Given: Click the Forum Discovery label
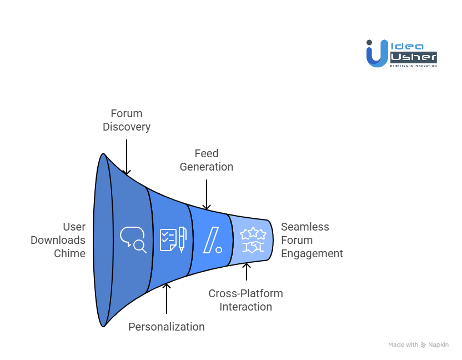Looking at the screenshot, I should (127, 120).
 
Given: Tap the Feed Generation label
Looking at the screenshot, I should (207, 160).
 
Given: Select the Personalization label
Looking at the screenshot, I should (167, 327).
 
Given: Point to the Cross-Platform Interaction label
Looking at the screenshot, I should (245, 300).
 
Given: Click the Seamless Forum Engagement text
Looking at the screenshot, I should (312, 240).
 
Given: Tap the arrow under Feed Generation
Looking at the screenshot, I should (207, 194).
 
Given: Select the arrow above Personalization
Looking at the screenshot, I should (167, 300).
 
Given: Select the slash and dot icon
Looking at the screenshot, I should (212, 240).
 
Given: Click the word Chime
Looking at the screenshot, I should (69, 253).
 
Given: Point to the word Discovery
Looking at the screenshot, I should (127, 127).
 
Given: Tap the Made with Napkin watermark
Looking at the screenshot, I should (419, 344).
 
